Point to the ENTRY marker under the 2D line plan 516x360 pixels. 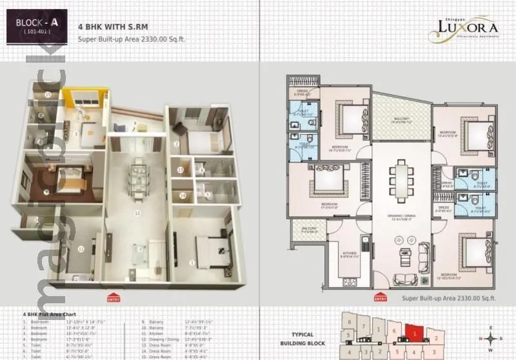point(381,299)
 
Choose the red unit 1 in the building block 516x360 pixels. point(413,333)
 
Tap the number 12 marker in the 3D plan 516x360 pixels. point(137,212)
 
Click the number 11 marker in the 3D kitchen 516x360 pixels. point(81,248)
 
